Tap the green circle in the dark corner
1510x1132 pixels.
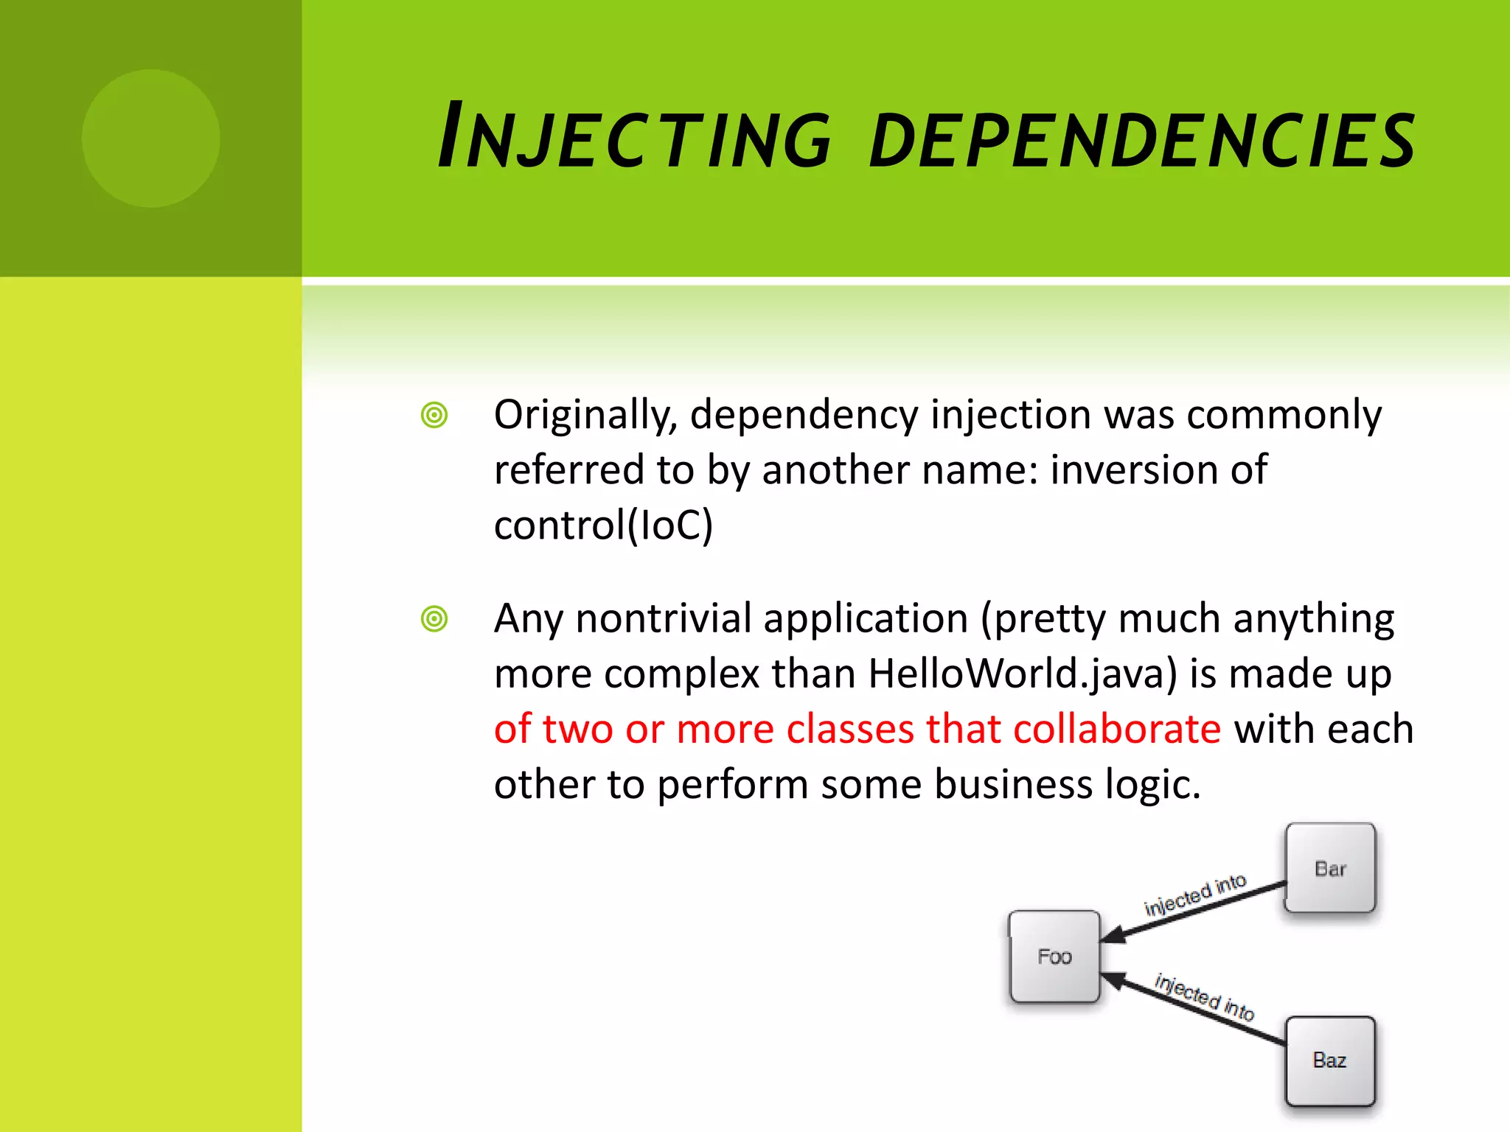pyautogui.click(x=150, y=138)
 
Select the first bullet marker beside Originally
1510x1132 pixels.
pyautogui.click(x=434, y=415)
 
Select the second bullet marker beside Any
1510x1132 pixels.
pyautogui.click(x=434, y=618)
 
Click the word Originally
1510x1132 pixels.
pyautogui.click(x=585, y=415)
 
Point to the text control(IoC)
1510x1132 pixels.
pyautogui.click(x=603, y=525)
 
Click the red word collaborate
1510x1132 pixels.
pyautogui.click(x=1117, y=729)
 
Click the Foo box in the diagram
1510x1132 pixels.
pyautogui.click(x=1054, y=957)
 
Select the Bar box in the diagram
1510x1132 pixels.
pyautogui.click(x=1330, y=868)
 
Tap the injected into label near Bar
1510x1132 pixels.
pyautogui.click(x=1194, y=894)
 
